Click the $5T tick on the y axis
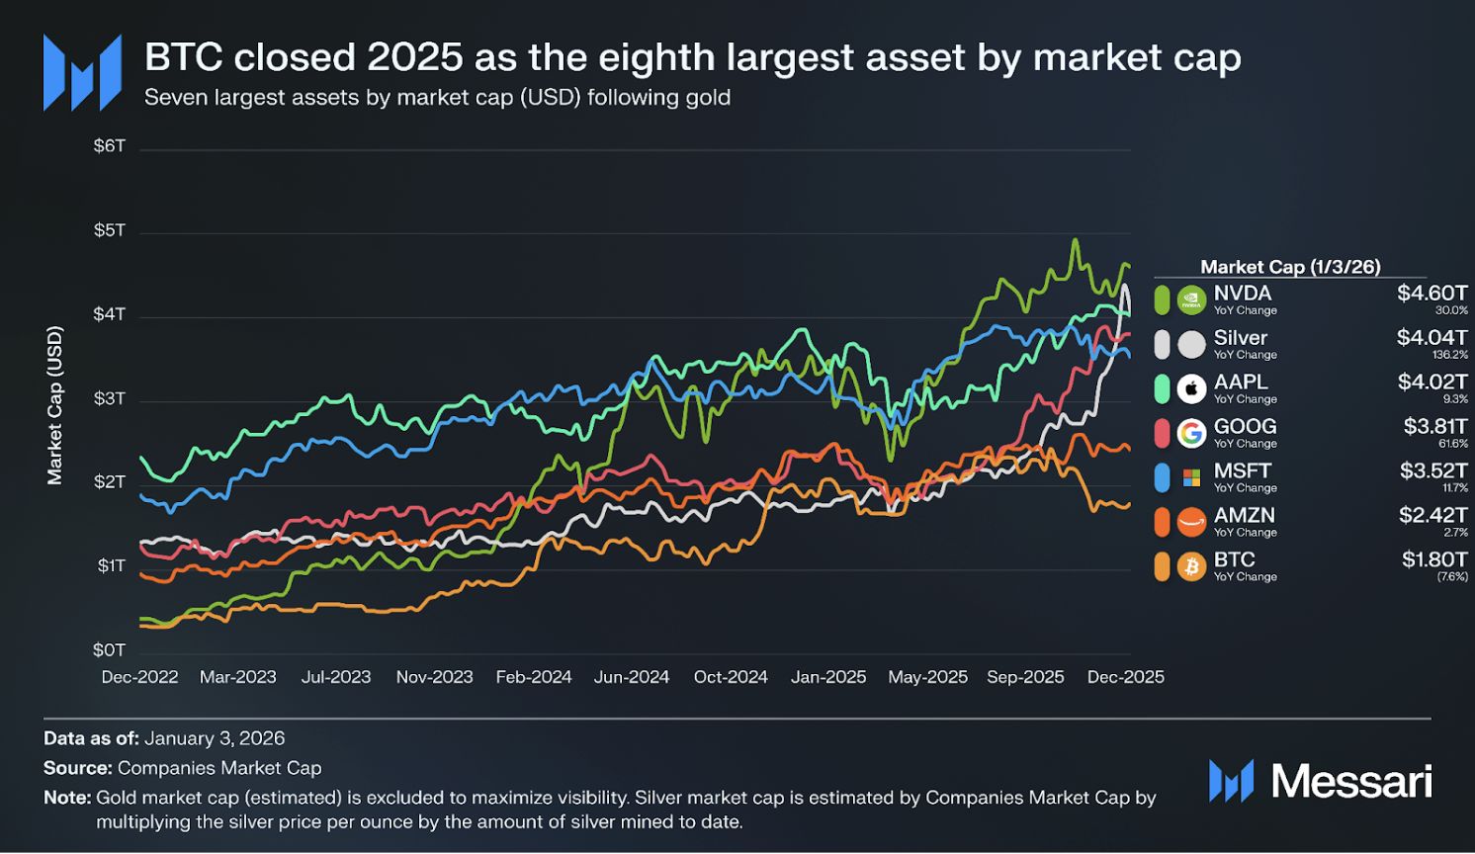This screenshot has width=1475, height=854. (x=110, y=230)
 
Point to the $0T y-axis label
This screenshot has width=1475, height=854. (x=110, y=649)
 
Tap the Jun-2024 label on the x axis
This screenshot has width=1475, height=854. (x=631, y=677)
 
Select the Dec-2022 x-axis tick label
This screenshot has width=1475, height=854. (x=139, y=677)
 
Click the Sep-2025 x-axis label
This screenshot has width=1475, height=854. (x=1025, y=677)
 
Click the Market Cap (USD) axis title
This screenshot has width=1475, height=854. (x=55, y=405)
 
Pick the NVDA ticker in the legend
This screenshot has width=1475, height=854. (x=1242, y=293)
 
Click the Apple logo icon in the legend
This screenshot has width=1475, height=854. (x=1191, y=388)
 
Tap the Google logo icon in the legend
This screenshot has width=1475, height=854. (x=1191, y=433)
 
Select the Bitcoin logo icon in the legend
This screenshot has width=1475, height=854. (x=1191, y=566)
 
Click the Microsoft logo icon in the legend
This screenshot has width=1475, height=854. (x=1191, y=477)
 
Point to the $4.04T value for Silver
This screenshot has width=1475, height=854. (x=1432, y=337)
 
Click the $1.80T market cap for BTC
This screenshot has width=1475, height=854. (x=1433, y=559)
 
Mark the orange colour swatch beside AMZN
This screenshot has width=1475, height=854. (x=1162, y=522)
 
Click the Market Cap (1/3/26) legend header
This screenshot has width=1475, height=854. (x=1289, y=267)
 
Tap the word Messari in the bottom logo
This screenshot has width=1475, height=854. (x=1350, y=781)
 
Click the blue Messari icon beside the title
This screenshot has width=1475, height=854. (x=82, y=72)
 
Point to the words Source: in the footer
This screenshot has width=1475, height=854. (x=77, y=768)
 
